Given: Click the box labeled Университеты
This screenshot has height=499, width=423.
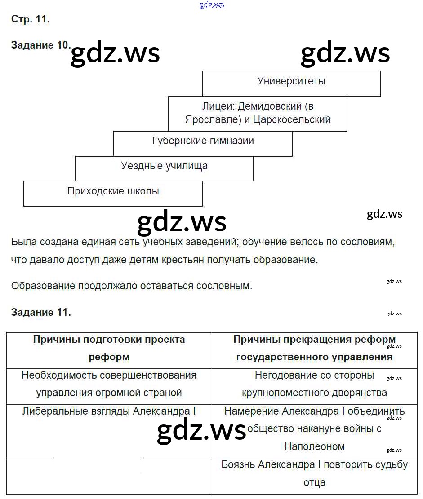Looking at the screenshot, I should point(291,81).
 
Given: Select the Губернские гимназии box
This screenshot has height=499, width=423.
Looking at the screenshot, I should point(203,141).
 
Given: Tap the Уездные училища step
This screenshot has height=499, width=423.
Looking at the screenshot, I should point(164,166).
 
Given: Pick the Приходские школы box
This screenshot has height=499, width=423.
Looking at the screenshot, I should point(113,191).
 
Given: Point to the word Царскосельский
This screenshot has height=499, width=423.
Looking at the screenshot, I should point(292,120).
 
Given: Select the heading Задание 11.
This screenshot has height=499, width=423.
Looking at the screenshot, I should point(41,312).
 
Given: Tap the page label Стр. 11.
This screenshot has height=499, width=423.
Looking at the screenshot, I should point(30,19).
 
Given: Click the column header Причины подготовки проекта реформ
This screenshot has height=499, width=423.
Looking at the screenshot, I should point(109,348).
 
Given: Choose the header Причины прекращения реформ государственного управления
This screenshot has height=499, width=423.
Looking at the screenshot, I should point(314,348).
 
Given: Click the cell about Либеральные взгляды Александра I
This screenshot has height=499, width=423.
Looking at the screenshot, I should point(109,411).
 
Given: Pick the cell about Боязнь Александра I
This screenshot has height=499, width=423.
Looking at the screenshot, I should point(314,474).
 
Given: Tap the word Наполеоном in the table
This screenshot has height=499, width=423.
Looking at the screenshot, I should point(314,446).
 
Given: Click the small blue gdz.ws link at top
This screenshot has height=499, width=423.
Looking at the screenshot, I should point(211,5).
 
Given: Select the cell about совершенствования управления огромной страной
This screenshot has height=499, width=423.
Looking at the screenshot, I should point(109,384).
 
